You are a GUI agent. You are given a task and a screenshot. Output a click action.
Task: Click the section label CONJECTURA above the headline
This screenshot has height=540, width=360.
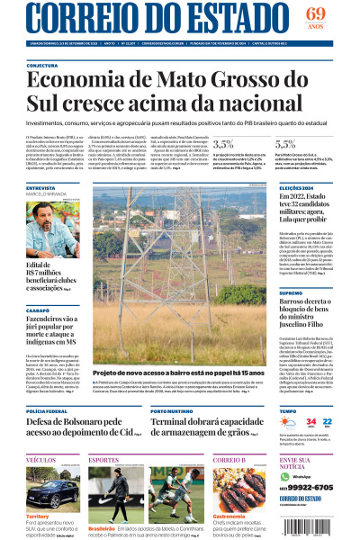(x=42, y=66)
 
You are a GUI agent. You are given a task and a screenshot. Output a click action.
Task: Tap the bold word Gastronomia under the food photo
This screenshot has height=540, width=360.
(x=231, y=517)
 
